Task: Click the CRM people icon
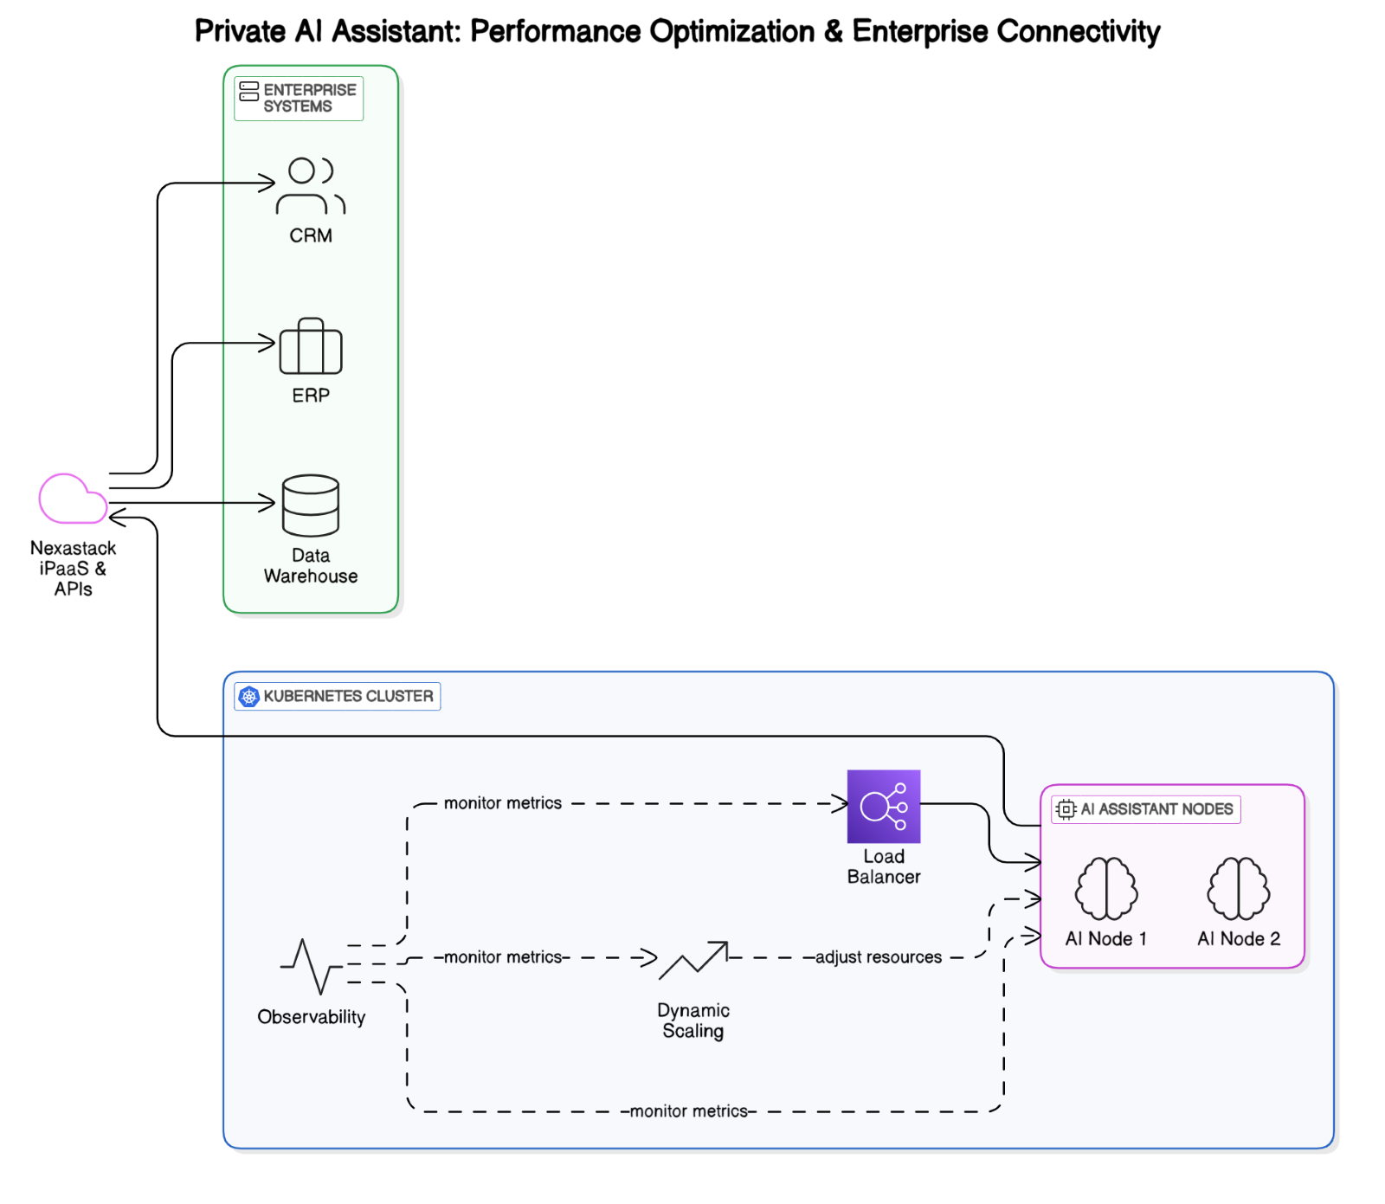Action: point(311,185)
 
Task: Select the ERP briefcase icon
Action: point(311,346)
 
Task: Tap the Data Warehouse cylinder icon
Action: point(311,505)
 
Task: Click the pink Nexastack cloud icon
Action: point(73,499)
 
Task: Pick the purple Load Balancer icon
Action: point(883,806)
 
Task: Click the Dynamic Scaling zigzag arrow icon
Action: point(692,961)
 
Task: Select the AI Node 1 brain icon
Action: point(1105,888)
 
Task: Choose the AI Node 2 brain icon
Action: point(1238,888)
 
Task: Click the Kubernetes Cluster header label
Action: point(348,696)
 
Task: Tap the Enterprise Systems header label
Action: point(309,98)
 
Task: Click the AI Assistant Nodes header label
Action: point(1156,809)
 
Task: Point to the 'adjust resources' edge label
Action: point(878,957)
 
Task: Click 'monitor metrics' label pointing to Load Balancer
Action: point(502,803)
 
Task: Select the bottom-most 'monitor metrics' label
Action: point(688,1111)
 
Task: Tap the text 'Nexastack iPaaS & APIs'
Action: point(73,568)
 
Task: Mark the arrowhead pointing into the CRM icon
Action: point(268,183)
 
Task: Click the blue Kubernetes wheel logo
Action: point(249,696)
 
